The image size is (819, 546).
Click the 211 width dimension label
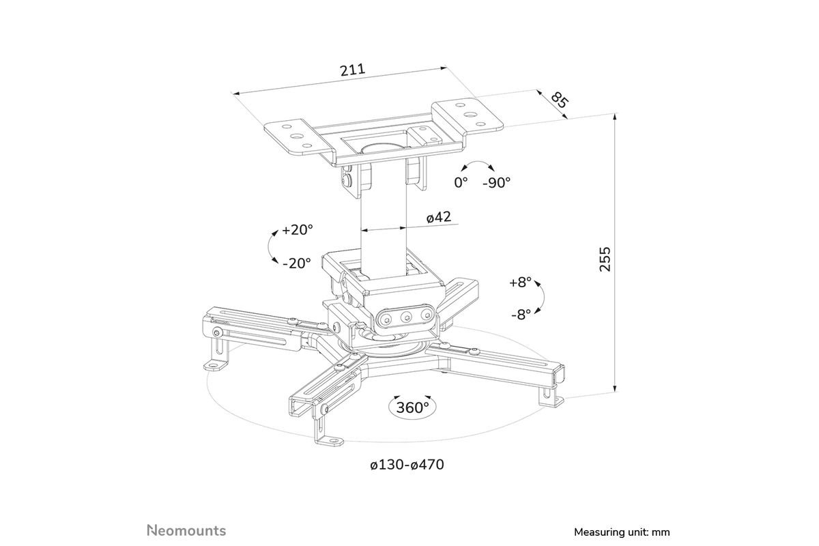click(353, 70)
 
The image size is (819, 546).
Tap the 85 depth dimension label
click(560, 100)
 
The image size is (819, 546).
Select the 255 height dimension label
click(605, 259)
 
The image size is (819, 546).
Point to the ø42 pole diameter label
click(439, 217)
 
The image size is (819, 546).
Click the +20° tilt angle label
click(298, 230)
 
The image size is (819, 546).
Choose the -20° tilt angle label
click(296, 263)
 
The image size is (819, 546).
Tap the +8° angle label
click(520, 282)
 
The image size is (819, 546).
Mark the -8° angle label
click(521, 314)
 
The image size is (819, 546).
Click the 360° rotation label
click(412, 407)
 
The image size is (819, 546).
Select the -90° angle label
click(497, 182)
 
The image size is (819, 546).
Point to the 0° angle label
click(461, 182)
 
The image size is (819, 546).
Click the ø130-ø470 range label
click(407, 465)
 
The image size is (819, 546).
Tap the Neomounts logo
click(186, 530)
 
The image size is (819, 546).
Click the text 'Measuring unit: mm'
click(622, 532)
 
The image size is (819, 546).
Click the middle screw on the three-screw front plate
click(406, 317)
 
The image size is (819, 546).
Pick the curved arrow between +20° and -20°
click(270, 247)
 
